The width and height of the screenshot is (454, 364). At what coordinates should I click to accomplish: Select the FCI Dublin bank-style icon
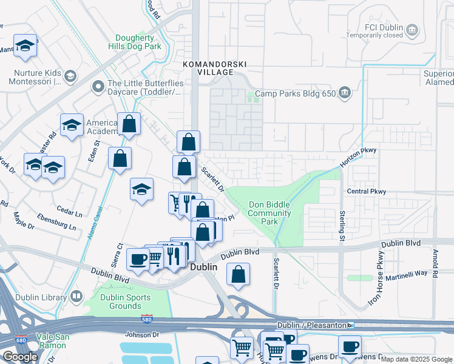[413, 30]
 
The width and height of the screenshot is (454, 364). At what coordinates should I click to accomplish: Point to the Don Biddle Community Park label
[269, 214]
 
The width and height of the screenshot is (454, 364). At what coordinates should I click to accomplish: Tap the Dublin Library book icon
[76, 297]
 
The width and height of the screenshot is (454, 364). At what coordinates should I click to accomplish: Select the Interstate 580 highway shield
[157, 319]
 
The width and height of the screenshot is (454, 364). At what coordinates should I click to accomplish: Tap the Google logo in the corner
[20, 357]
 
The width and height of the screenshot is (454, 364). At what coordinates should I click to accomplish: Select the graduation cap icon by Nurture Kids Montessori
[70, 76]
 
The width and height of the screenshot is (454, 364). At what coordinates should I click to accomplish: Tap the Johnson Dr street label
[141, 334]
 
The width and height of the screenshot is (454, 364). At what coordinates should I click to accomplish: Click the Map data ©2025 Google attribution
[416, 359]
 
